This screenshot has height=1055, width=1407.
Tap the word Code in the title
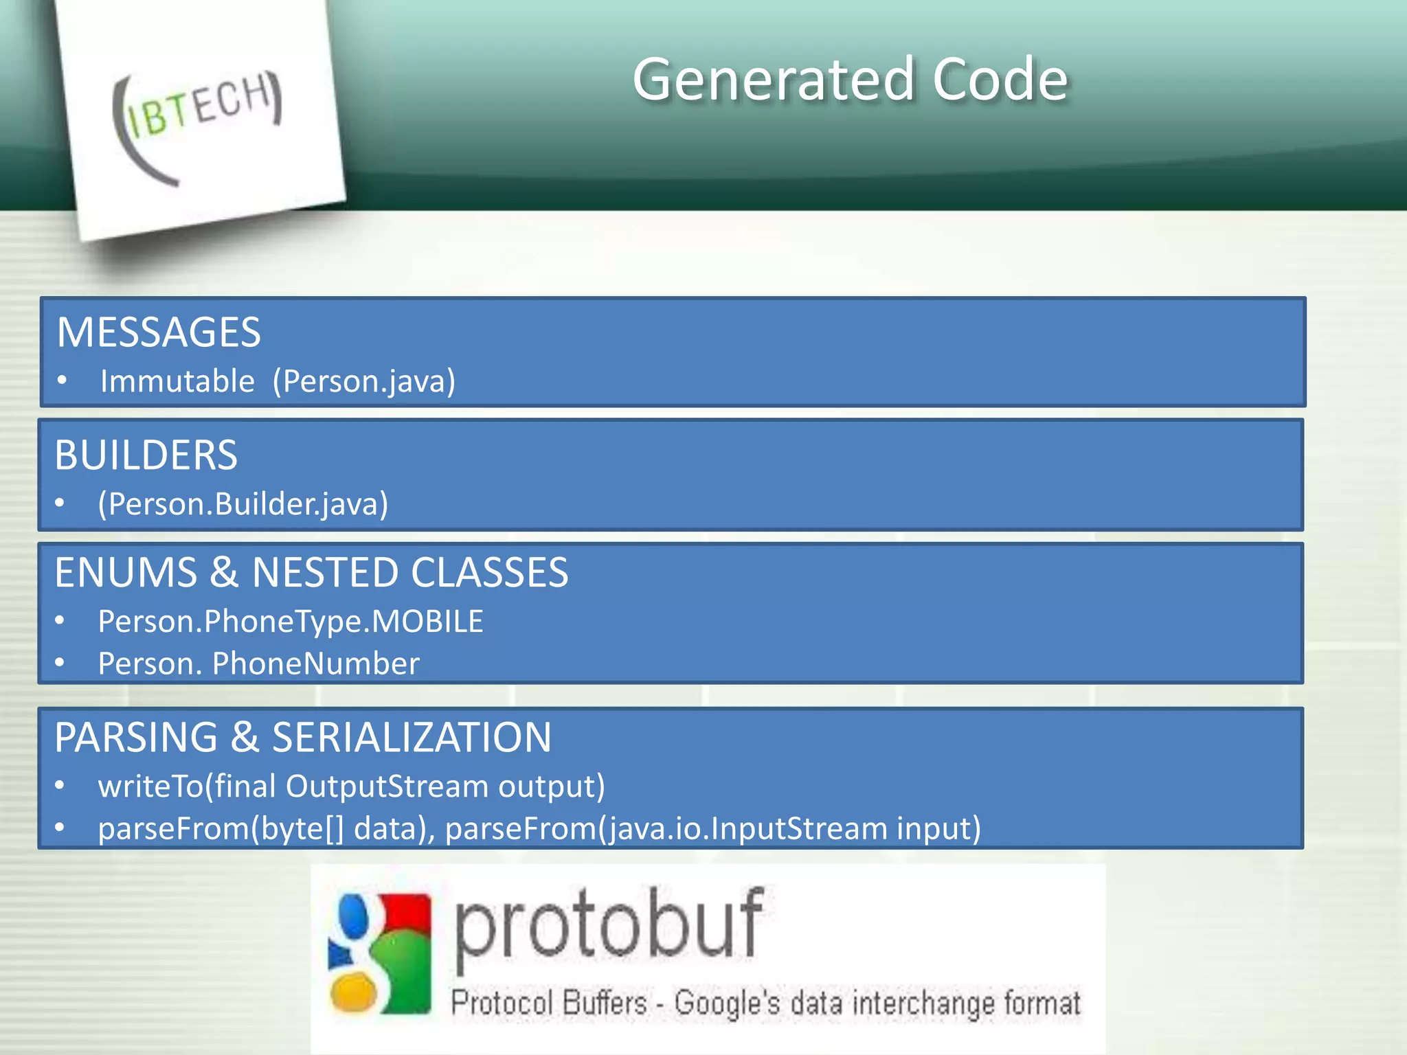pyautogui.click(x=1000, y=80)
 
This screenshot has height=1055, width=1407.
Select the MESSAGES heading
pyautogui.click(x=159, y=332)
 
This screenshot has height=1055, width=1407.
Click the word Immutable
pyautogui.click(x=177, y=381)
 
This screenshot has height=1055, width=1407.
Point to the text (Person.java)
pyautogui.click(x=364, y=381)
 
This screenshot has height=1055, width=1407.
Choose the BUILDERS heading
pyautogui.click(x=146, y=455)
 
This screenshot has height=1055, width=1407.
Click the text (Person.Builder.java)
pyautogui.click(x=243, y=504)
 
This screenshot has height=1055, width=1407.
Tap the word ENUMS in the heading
pyautogui.click(x=126, y=573)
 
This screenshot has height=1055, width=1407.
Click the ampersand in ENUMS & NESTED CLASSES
pyautogui.click(x=224, y=573)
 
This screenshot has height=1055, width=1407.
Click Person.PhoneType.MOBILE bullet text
pyautogui.click(x=291, y=622)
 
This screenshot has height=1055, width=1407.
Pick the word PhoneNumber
pyautogui.click(x=315, y=663)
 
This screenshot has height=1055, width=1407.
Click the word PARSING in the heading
pyautogui.click(x=135, y=738)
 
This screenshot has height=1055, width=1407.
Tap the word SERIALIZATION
pyautogui.click(x=412, y=738)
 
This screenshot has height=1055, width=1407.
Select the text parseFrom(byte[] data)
pyautogui.click(x=264, y=828)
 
